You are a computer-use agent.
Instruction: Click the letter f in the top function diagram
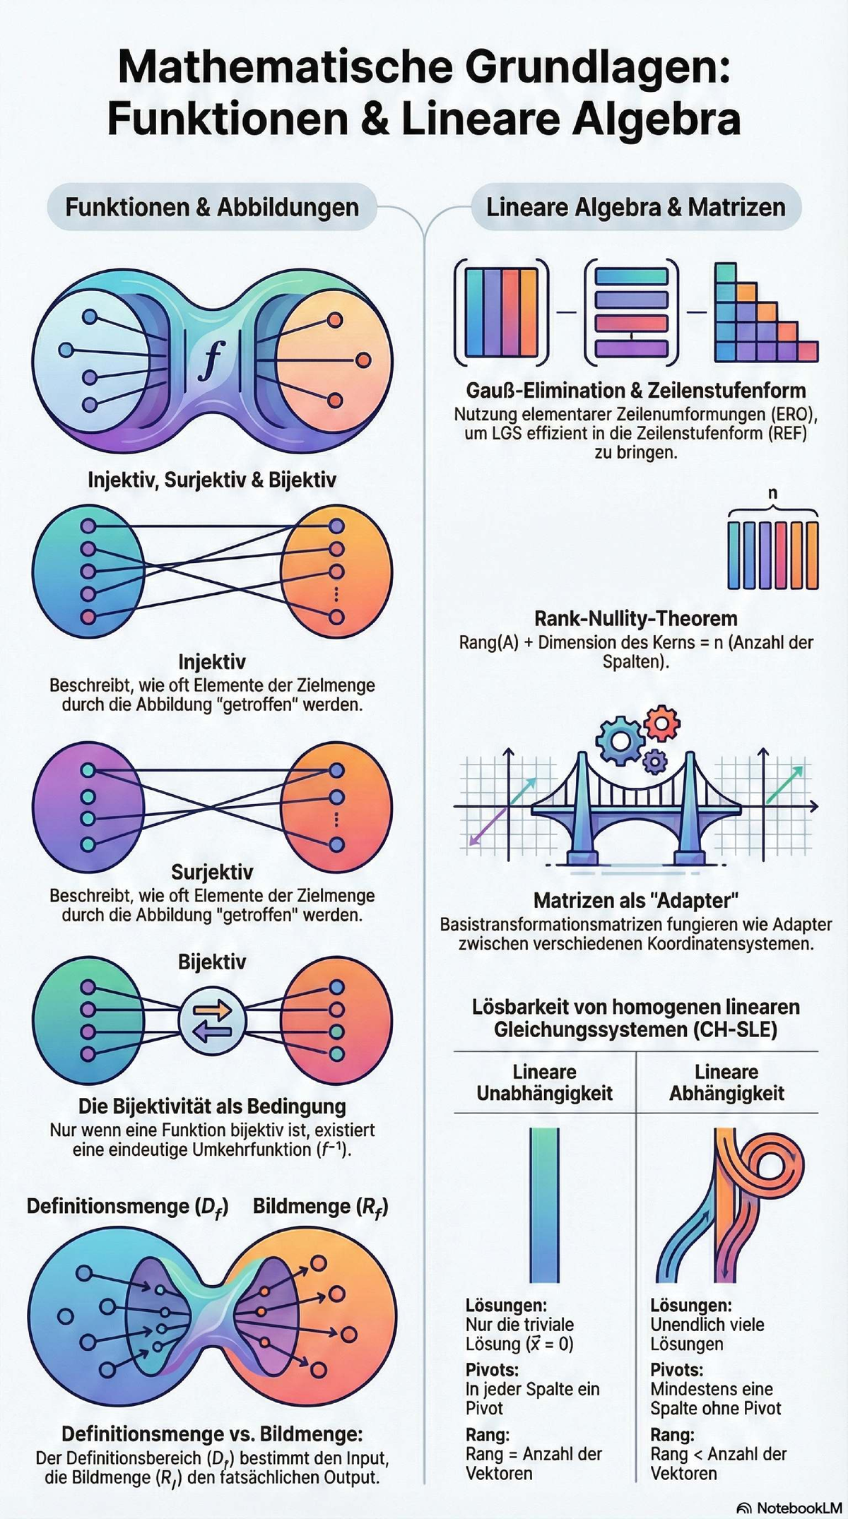[x=211, y=360]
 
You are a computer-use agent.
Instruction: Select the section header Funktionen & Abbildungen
[x=212, y=207]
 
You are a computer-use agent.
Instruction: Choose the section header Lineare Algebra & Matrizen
[x=636, y=207]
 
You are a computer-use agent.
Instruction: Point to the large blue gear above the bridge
[x=620, y=741]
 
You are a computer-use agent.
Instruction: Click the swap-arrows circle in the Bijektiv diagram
[x=212, y=1020]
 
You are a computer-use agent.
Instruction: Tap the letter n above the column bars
[x=772, y=492]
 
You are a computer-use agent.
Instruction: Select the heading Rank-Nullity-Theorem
[x=636, y=618]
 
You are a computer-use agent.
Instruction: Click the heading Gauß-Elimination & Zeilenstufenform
[x=636, y=390]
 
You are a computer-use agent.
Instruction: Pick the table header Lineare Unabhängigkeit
[x=545, y=1082]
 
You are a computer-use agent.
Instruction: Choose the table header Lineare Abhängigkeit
[x=727, y=1082]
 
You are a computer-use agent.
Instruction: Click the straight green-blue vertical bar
[x=544, y=1205]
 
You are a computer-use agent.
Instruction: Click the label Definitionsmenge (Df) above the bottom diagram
[x=127, y=1207]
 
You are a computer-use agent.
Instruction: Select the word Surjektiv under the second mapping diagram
[x=212, y=873]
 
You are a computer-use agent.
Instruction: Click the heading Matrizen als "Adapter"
[x=636, y=900]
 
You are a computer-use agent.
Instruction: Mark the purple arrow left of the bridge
[x=489, y=825]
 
